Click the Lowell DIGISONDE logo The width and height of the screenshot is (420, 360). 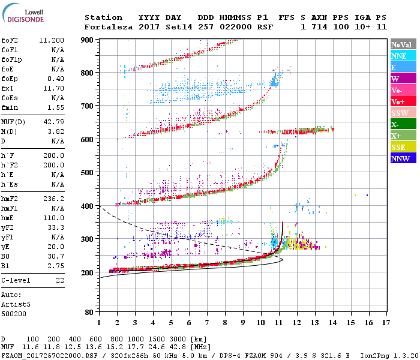pos(20,15)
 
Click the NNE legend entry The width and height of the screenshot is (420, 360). pos(400,56)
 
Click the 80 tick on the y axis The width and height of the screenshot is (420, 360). pos(90,312)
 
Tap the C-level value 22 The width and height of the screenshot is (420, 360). pos(59,280)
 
